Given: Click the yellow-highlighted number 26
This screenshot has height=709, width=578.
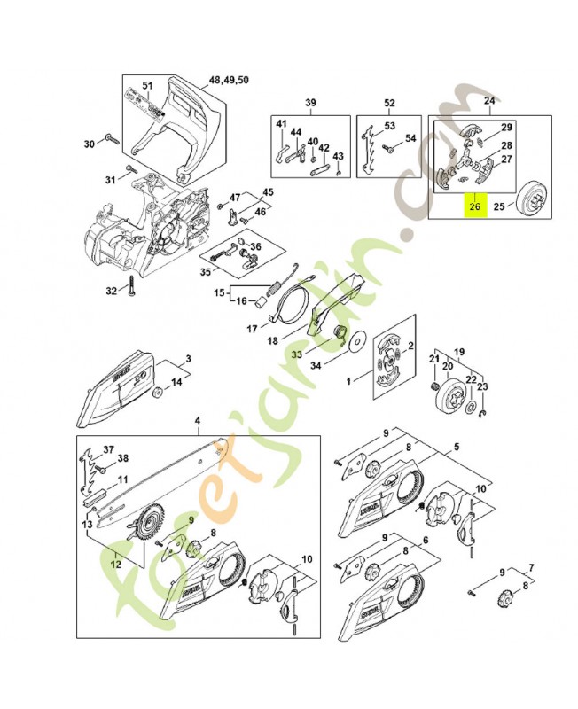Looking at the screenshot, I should (x=473, y=207).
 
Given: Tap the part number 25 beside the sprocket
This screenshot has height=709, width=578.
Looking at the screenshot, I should (x=497, y=207).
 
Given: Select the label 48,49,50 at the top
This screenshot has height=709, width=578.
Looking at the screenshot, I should (x=229, y=80).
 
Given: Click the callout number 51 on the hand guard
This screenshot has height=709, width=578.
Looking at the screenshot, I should (x=148, y=86).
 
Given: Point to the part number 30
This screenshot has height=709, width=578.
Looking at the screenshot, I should (x=89, y=144).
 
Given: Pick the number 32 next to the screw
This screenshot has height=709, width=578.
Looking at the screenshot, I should (x=111, y=291).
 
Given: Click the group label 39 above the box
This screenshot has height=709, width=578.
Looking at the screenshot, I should (x=310, y=103).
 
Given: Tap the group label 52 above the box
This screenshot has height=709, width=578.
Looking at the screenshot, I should (x=389, y=103).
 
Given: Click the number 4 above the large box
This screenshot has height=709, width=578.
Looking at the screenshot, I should (x=197, y=421).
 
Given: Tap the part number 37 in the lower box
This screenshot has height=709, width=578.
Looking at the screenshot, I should (x=108, y=449).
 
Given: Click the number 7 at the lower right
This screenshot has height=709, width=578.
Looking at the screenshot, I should (x=530, y=565).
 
